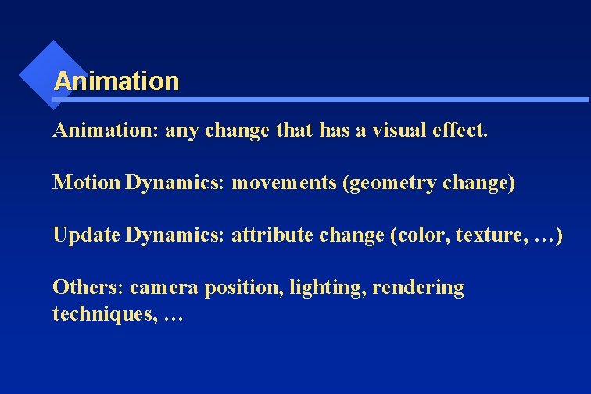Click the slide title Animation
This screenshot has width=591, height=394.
tap(116, 81)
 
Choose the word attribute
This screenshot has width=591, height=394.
tap(271, 235)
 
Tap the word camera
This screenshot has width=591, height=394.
tap(164, 288)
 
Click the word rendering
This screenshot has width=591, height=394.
tap(418, 288)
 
